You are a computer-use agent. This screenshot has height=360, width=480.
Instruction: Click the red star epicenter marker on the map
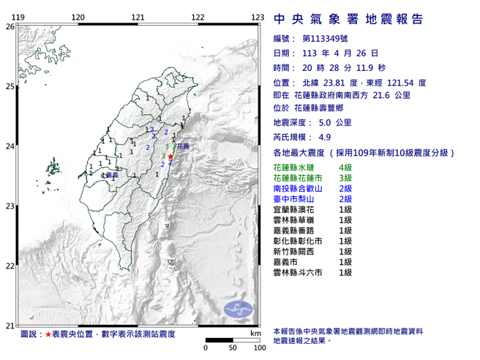pyautogui.click(x=170, y=157)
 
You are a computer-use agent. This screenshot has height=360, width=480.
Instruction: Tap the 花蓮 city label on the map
pyautogui.click(x=183, y=146)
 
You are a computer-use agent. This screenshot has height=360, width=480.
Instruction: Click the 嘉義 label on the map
pyautogui.click(x=112, y=176)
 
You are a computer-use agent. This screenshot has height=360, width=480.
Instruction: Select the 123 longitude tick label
pyautogui.click(x=257, y=17)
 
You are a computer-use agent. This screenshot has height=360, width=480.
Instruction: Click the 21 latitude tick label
pyautogui.click(x=10, y=326)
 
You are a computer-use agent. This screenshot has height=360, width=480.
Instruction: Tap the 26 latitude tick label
pyautogui.click(x=10, y=26)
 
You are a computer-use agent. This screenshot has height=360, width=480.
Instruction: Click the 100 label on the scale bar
pyautogui.click(x=258, y=348)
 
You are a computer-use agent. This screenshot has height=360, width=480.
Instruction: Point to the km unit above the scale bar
pyautogui.click(x=254, y=333)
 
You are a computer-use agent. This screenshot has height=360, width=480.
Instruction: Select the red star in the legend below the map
pyautogui.click(x=49, y=334)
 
